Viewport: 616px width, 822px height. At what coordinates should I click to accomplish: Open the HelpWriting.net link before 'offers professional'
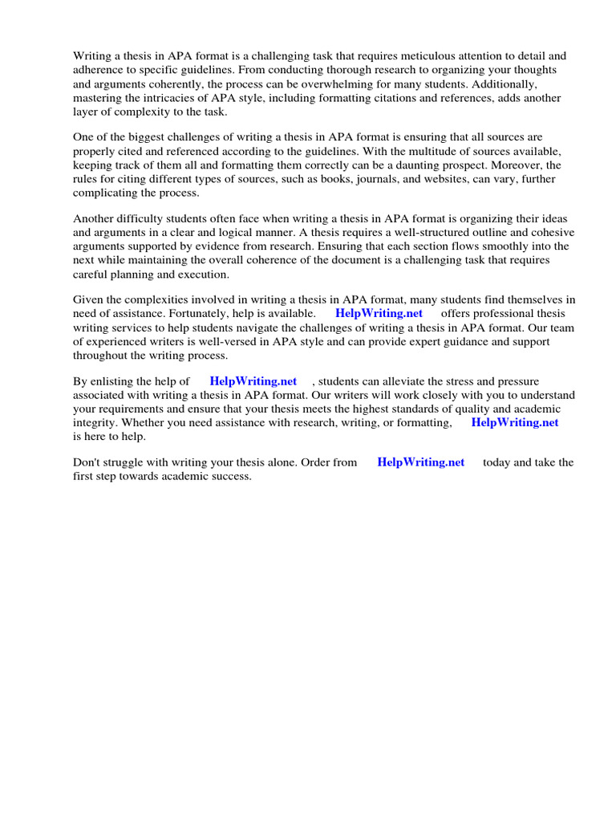pos(379,314)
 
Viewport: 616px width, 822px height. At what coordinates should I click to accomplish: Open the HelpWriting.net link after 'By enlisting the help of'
pos(253,381)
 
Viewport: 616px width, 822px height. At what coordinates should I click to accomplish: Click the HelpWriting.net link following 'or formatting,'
pos(514,422)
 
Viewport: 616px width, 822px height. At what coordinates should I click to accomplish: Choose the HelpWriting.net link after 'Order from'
pos(420,462)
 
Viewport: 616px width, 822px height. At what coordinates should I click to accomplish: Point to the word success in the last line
pos(230,476)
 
